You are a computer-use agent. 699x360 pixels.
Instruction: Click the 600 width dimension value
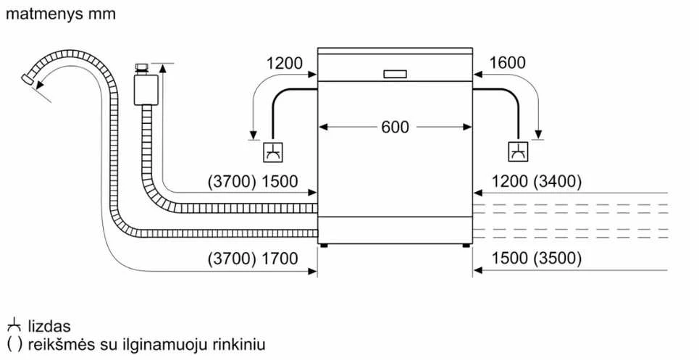click(395, 127)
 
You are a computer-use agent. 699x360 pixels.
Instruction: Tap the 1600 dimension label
click(507, 63)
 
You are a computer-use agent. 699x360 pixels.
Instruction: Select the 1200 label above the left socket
click(285, 63)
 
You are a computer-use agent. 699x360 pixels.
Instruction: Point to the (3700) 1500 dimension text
click(253, 181)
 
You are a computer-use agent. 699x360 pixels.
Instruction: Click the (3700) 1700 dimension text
click(253, 259)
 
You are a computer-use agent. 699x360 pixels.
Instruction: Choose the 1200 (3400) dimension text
click(537, 181)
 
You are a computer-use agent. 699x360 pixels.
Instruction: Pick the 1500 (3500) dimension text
click(537, 259)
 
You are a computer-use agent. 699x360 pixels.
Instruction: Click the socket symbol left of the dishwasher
click(273, 152)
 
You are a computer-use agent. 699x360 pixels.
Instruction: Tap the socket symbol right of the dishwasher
click(519, 151)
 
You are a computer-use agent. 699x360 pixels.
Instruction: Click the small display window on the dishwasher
click(395, 74)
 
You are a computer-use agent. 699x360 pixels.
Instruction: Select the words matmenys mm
click(61, 14)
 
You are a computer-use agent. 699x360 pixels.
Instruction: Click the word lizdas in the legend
click(49, 326)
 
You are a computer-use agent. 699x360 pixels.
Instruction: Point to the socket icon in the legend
click(14, 325)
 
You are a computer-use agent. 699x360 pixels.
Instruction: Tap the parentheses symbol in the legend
click(14, 344)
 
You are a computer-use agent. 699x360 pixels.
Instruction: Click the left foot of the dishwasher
click(324, 246)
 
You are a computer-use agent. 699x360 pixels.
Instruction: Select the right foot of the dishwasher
click(466, 246)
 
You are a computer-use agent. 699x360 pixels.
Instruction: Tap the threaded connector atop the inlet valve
click(142, 69)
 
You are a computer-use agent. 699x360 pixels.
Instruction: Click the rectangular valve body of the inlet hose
click(146, 90)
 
